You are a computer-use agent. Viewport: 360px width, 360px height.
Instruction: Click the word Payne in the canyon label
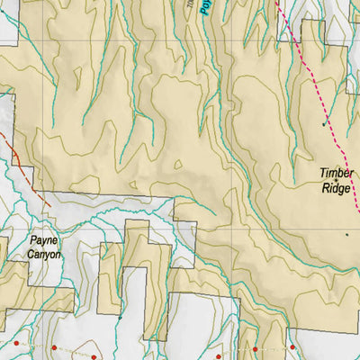tap(42, 241)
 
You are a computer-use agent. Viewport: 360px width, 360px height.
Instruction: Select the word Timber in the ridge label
tap(337, 174)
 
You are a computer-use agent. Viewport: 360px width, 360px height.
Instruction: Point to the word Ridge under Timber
tap(337, 189)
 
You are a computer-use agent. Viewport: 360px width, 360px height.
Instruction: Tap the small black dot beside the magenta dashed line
tap(324, 125)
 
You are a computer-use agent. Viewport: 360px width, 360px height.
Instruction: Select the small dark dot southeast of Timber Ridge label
tap(347, 234)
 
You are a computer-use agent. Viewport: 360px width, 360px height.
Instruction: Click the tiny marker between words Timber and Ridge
tap(337, 181)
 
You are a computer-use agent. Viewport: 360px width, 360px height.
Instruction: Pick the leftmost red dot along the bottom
tap(15, 343)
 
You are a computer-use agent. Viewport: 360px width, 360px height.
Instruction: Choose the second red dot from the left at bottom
tap(54, 347)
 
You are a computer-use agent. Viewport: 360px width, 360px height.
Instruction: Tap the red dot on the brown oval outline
tap(94, 357)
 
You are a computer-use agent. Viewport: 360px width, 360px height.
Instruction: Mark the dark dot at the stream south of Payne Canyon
tap(119, 317)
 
